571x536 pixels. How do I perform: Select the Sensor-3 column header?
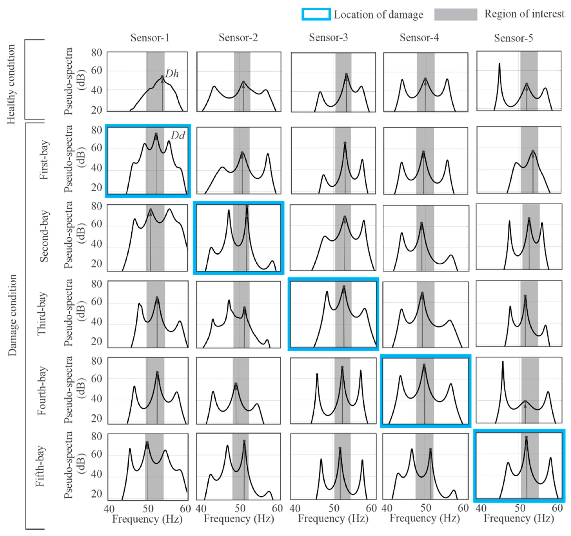click(x=328, y=37)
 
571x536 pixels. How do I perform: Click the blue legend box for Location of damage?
click(x=316, y=14)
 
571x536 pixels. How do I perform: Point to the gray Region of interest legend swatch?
click(x=456, y=14)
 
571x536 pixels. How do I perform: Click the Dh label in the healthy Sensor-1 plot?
click(x=172, y=74)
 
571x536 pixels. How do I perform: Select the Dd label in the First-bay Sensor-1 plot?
click(x=178, y=135)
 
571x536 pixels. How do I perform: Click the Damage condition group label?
click(x=12, y=315)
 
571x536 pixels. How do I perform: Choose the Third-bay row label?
click(x=42, y=314)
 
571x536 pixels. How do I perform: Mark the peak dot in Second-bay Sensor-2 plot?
click(x=247, y=206)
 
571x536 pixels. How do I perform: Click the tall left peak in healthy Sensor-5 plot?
click(x=499, y=64)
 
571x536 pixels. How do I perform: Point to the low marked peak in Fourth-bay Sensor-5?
click(x=525, y=401)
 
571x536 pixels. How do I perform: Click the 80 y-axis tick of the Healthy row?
click(x=96, y=53)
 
